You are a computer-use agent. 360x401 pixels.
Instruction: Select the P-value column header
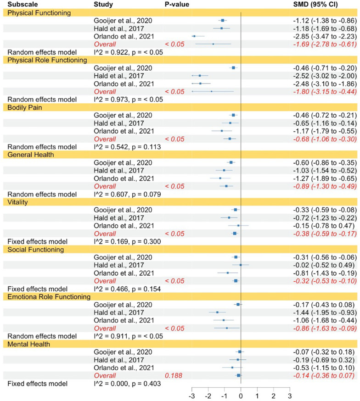pyautogui.click(x=177, y=4)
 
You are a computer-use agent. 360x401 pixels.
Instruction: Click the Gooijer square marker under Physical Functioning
pyautogui.click(x=223, y=21)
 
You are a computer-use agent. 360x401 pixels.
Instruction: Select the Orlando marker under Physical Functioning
pyautogui.click(x=194, y=36)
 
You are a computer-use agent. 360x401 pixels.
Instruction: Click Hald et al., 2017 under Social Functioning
pyautogui.click(x=118, y=265)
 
